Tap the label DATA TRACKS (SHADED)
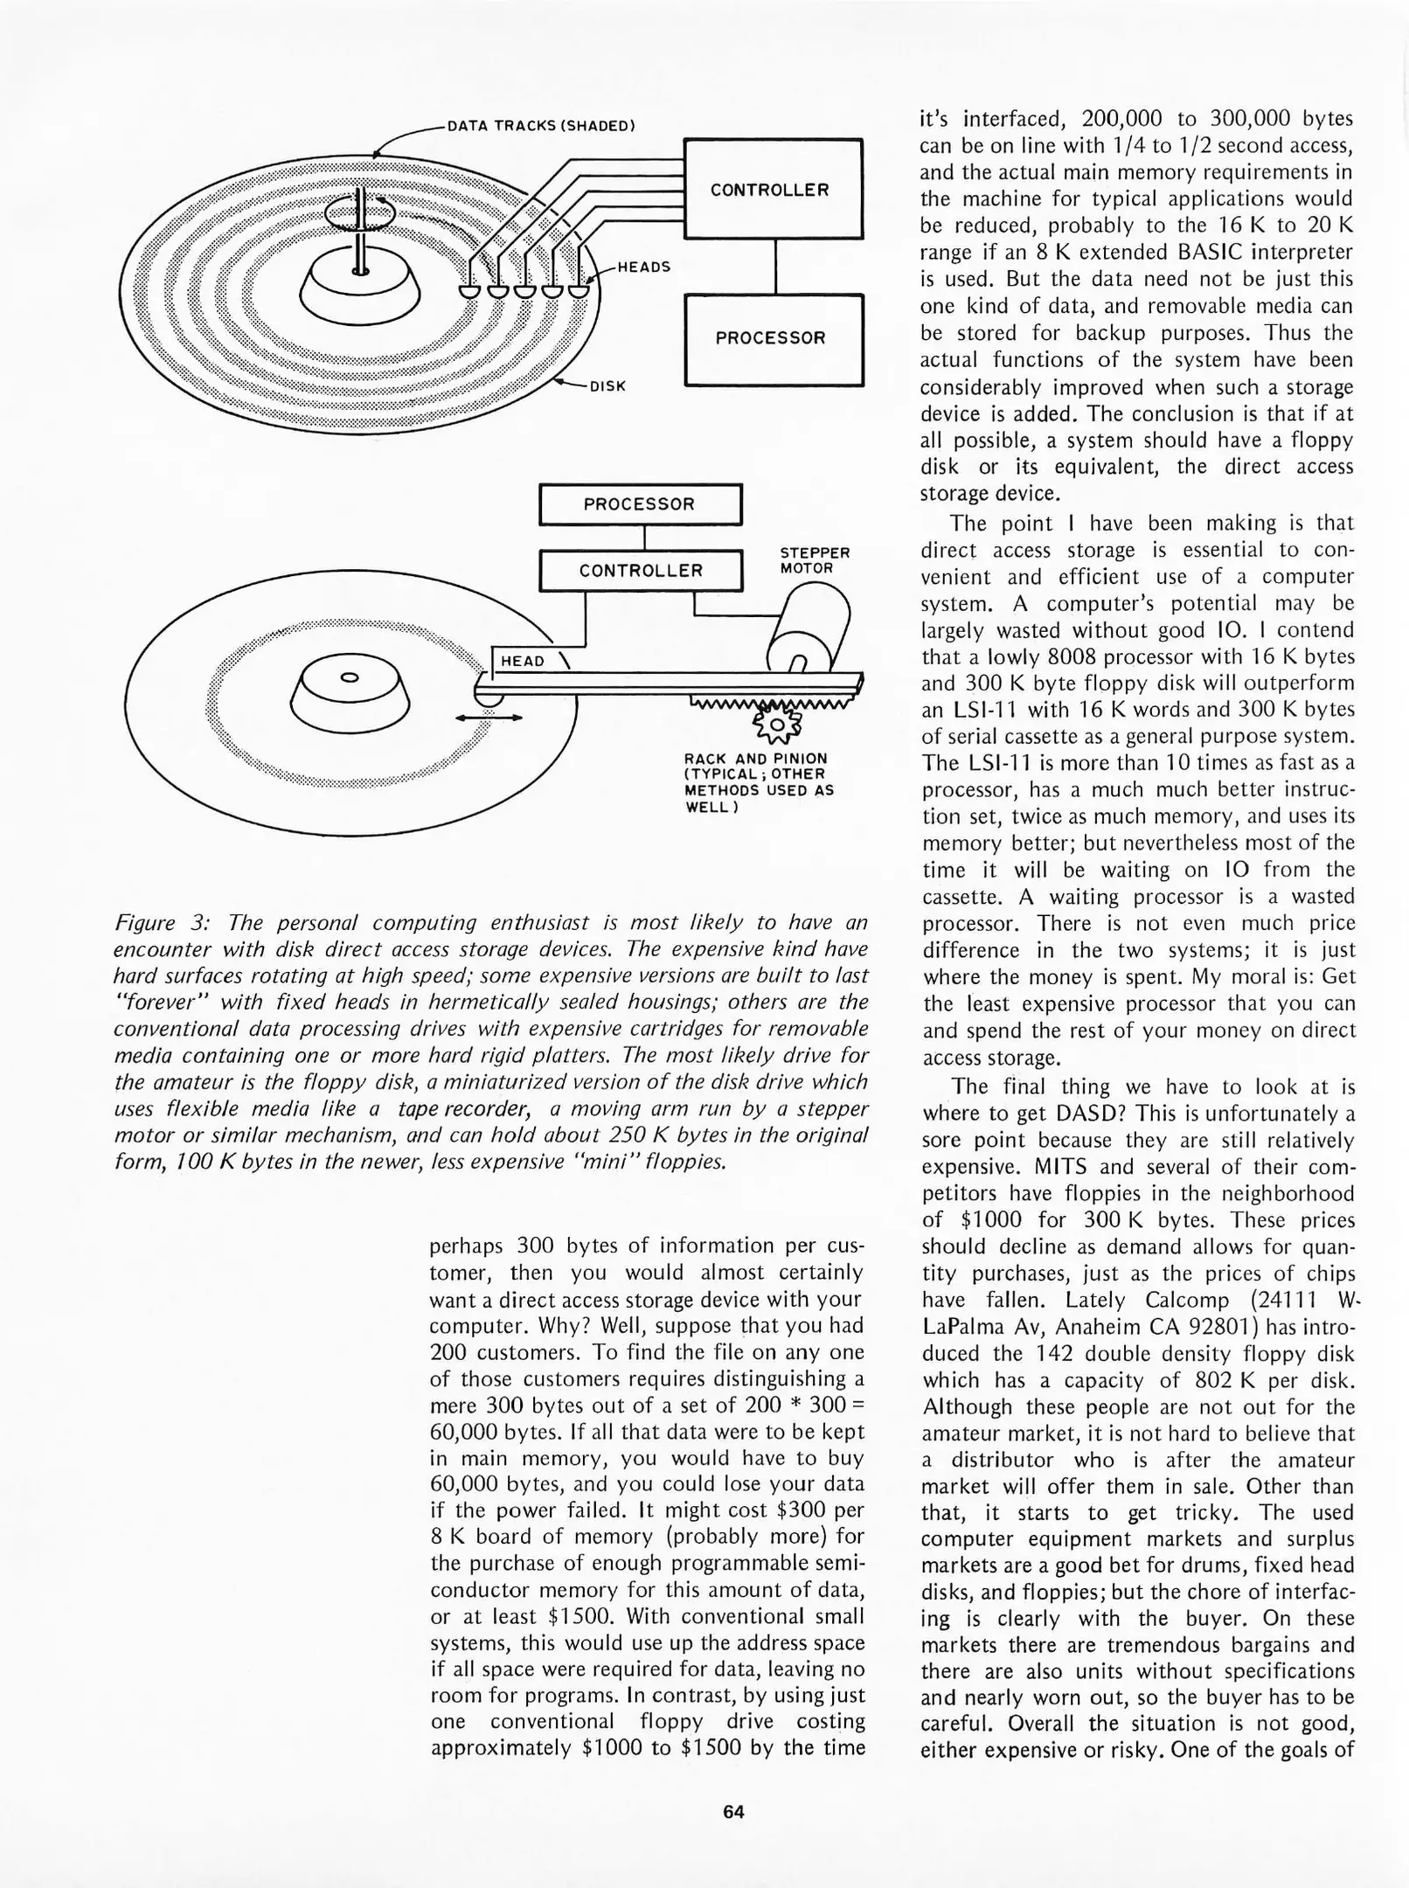click(x=539, y=126)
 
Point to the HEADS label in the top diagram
click(x=643, y=267)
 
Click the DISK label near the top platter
click(x=607, y=385)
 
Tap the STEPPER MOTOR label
click(x=814, y=560)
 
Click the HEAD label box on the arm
click(x=523, y=662)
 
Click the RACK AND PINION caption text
click(x=757, y=783)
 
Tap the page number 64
click(x=732, y=1812)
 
